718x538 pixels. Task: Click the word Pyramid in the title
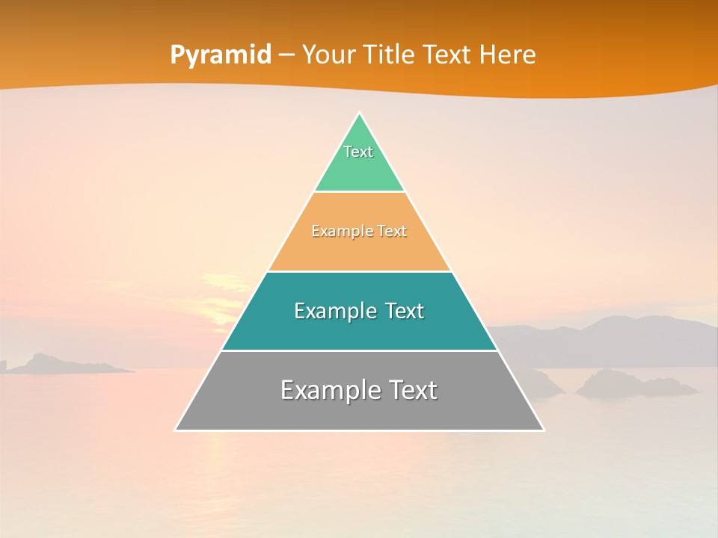(220, 55)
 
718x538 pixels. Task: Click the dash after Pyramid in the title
(286, 55)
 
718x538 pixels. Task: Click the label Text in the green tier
(358, 152)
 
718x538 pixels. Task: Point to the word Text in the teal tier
(402, 311)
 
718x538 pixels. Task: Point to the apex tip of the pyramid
(360, 114)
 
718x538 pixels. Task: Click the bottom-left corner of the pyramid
(177, 429)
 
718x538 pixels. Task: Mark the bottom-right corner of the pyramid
(543, 429)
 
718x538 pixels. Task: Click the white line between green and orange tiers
(359, 192)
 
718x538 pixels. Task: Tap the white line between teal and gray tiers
(359, 350)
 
